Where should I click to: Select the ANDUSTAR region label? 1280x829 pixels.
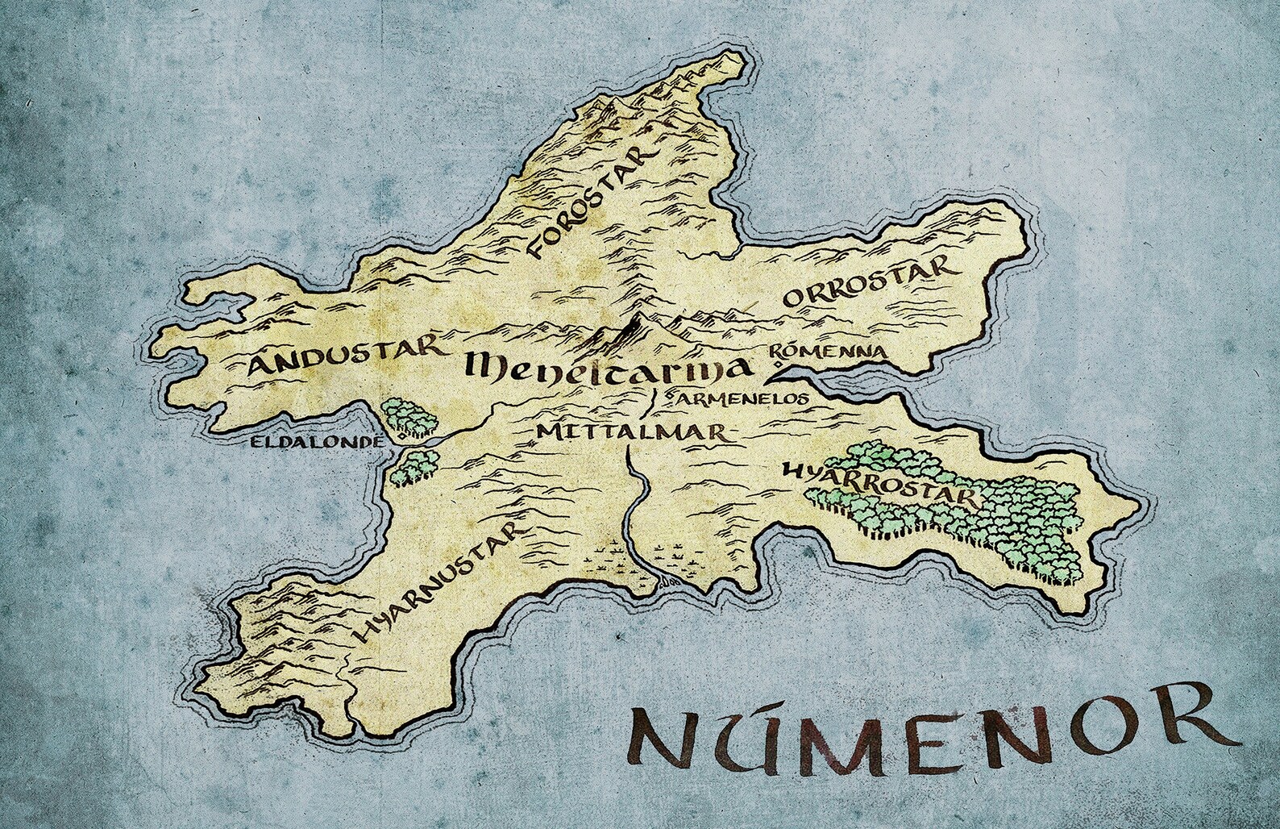coord(345,360)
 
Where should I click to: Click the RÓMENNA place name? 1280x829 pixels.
coord(828,351)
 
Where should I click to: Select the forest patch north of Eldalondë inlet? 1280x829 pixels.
coord(409,416)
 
